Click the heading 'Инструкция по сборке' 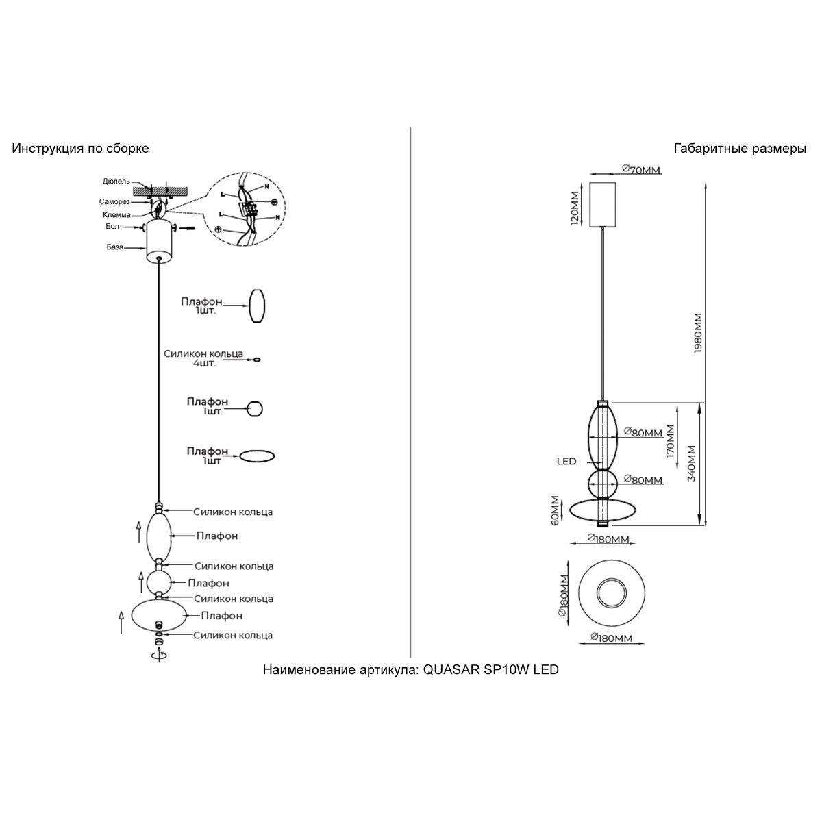pos(80,149)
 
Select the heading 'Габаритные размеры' pos(740,149)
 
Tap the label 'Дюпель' pos(116,182)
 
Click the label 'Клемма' pos(116,215)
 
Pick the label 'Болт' pos(114,226)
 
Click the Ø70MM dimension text pos(641,170)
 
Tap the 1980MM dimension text pos(698,332)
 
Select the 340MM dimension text pos(691,464)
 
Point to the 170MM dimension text pos(671,440)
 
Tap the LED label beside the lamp pos(566,462)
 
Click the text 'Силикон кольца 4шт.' pos(203,358)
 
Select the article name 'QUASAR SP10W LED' pos(490,670)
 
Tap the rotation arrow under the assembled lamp pos(159,655)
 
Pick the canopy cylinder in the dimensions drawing pos(602,203)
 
